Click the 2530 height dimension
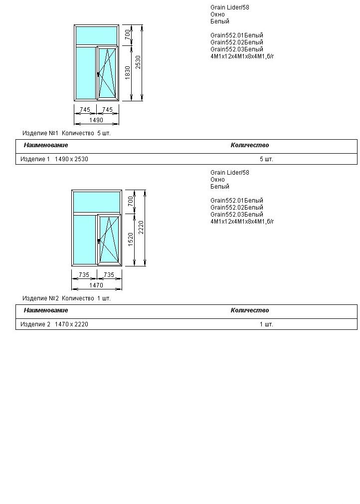pos(139,62)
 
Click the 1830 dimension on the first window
pos(128,73)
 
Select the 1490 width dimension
pos(96,120)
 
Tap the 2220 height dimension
pos(141,228)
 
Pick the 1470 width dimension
pos(96,285)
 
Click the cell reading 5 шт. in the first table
pos(266,159)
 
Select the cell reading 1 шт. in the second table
pos(266,324)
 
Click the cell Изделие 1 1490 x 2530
pos(54,159)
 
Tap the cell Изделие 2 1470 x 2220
pos(54,324)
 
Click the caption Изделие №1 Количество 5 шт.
pos(66,133)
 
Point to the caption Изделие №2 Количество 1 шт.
pos(66,298)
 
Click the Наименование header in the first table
pos(46,145)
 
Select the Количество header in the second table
pos(249,310)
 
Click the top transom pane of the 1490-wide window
pos(96,35)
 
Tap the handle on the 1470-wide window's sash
pos(99,241)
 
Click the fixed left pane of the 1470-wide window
pos(84,240)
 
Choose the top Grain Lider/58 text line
pos(229,7)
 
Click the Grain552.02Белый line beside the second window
pos(237,208)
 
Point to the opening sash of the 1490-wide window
pos(108,73)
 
